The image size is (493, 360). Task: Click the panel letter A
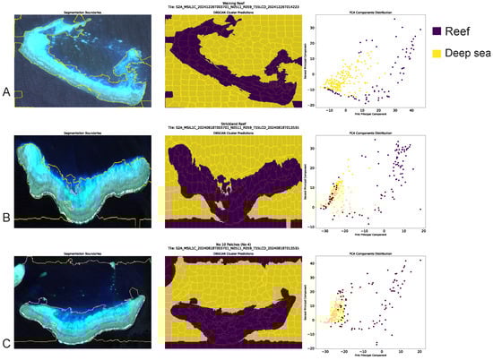pyautogui.click(x=7, y=91)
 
